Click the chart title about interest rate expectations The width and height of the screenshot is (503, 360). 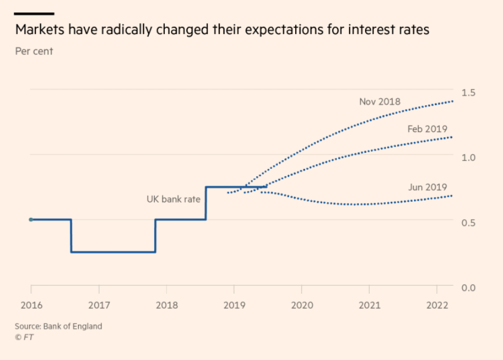[x=222, y=30]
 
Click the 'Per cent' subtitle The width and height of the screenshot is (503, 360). [x=34, y=51]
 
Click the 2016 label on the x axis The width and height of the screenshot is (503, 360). [x=31, y=306]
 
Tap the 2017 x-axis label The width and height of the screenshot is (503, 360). [x=99, y=306]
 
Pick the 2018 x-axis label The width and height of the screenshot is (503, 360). [x=167, y=306]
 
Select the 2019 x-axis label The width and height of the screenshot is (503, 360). [x=234, y=306]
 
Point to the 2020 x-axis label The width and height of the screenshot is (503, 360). [x=301, y=306]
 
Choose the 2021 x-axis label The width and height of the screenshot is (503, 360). [x=369, y=306]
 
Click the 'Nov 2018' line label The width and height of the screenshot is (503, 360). [x=380, y=101]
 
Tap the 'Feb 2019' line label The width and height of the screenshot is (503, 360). [x=427, y=128]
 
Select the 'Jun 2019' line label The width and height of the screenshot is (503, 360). [x=427, y=187]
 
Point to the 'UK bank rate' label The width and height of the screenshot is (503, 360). [x=173, y=199]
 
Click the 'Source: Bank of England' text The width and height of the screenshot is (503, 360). [x=59, y=326]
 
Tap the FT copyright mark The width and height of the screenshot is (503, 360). [x=24, y=337]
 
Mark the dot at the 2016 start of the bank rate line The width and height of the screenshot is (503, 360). [x=31, y=220]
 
